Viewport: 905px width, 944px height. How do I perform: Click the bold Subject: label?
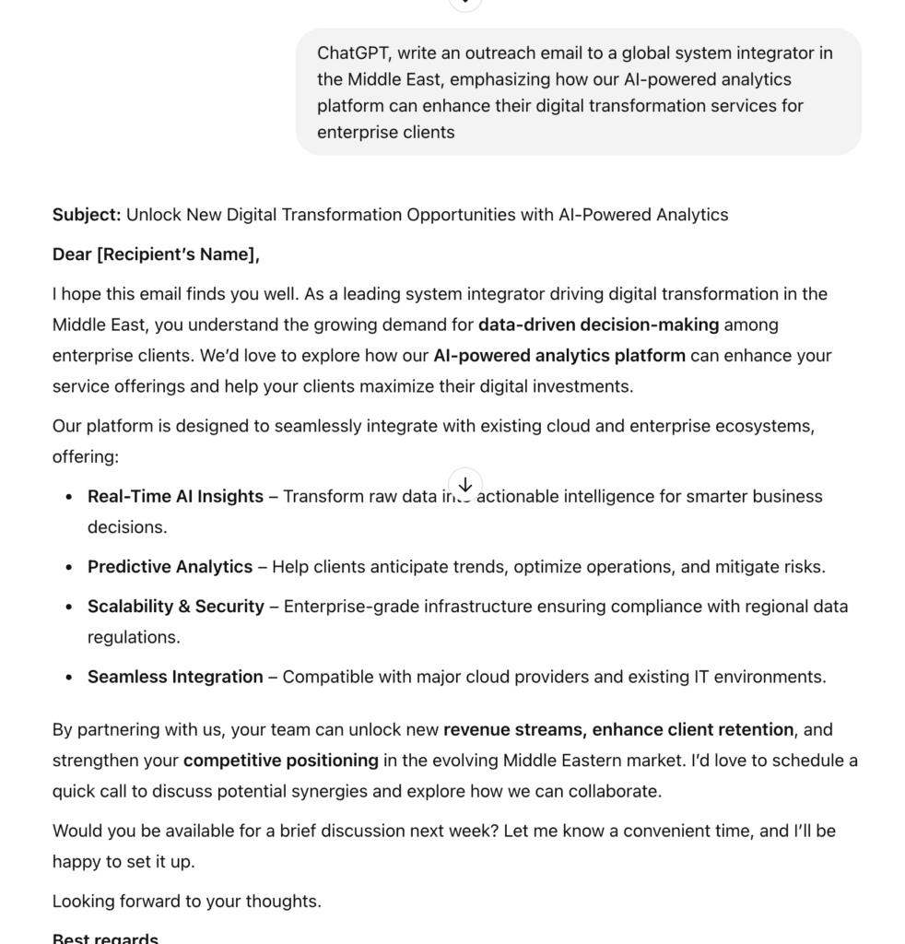[87, 215]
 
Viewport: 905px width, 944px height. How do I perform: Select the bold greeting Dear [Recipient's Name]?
[156, 254]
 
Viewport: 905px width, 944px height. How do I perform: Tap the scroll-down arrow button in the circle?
[465, 484]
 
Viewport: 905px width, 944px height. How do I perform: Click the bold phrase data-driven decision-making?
[598, 324]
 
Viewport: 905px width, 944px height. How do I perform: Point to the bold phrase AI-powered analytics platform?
[559, 355]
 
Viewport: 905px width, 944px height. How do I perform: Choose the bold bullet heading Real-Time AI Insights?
[175, 496]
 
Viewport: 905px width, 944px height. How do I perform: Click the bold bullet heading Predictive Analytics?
[170, 566]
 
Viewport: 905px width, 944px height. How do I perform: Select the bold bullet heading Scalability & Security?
[175, 606]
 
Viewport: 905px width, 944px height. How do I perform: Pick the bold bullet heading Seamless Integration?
[175, 677]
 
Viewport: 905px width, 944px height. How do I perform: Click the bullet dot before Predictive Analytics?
[69, 567]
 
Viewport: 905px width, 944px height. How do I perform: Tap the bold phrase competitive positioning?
[281, 761]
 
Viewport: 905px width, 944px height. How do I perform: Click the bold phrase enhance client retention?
[692, 729]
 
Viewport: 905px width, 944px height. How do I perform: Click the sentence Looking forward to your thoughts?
[187, 901]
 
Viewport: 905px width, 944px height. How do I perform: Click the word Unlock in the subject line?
[154, 215]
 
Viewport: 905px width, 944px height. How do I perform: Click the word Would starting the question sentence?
[76, 831]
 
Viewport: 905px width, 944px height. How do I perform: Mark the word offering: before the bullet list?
[86, 456]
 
